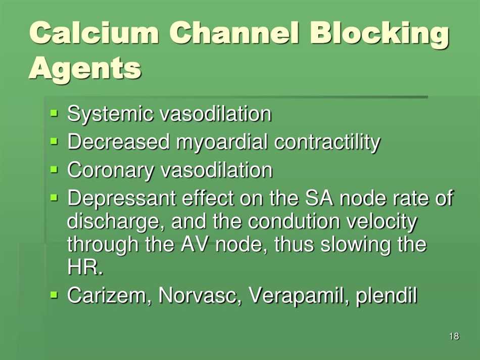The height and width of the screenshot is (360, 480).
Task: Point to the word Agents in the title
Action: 85,68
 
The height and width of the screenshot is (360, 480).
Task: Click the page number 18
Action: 453,337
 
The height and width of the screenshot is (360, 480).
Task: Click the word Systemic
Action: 111,114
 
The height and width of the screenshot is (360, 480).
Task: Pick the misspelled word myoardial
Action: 222,143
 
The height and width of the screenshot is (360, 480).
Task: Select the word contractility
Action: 327,143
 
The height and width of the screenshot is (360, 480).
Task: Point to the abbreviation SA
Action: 318,199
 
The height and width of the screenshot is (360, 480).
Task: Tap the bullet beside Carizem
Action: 55,294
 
